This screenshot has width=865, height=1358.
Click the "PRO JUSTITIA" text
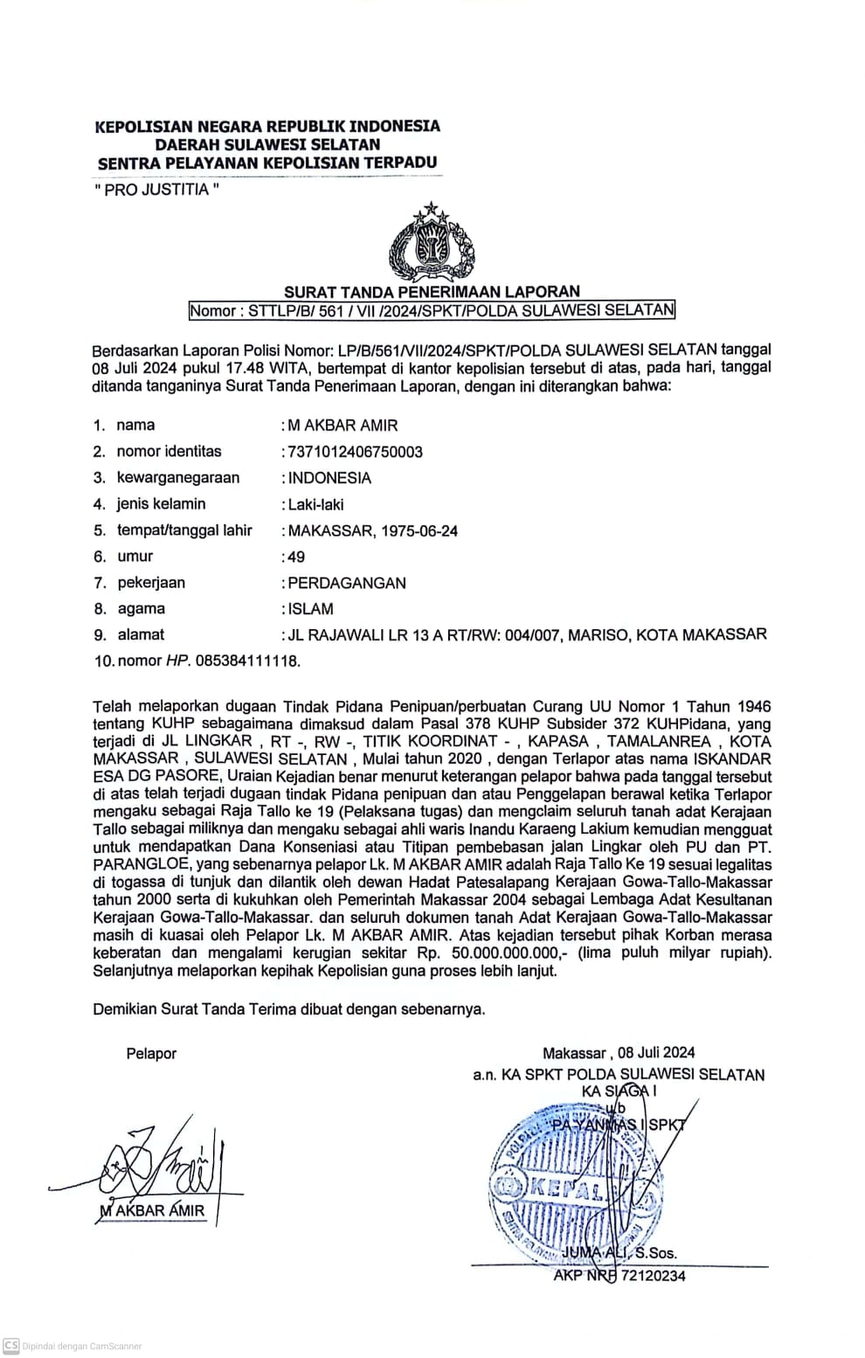click(x=156, y=190)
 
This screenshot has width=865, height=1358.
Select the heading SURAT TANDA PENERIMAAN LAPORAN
click(x=432, y=292)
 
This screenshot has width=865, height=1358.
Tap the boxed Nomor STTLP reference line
click(x=432, y=310)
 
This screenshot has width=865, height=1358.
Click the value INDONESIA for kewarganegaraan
click(x=329, y=478)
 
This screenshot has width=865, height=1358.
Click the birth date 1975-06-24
click(x=418, y=530)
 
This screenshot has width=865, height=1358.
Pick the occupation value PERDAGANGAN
click(x=347, y=583)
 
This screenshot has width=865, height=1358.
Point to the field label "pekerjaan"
click(x=151, y=583)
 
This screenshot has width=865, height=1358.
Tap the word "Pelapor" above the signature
click(x=151, y=1054)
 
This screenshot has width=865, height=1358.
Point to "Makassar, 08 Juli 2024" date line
click(x=619, y=1054)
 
